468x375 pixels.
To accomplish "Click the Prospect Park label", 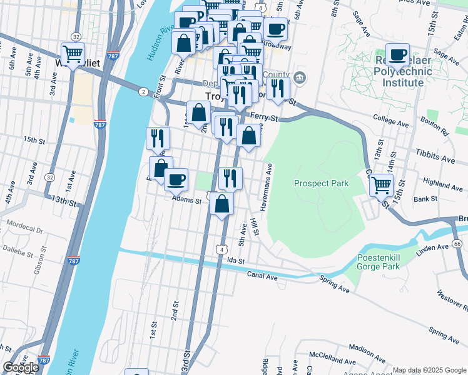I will (x=321, y=183).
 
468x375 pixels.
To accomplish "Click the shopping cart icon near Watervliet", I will (x=73, y=53).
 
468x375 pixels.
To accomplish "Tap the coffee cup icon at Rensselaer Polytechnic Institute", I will (x=397, y=54).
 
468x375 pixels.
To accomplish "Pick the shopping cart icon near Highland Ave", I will (x=381, y=184).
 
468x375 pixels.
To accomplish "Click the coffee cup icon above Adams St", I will (x=175, y=179).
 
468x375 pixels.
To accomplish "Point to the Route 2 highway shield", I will (x=143, y=92).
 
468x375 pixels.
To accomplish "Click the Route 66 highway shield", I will (x=457, y=243).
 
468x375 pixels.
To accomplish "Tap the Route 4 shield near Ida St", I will (x=221, y=249).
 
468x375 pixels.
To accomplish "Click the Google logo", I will (x=21, y=367).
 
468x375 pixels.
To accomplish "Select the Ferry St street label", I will (x=263, y=117).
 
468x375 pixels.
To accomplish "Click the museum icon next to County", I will (x=300, y=77).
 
